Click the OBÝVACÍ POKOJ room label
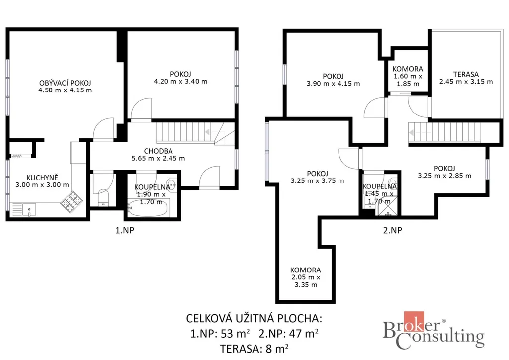(x=65, y=83)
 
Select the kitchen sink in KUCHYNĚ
(x=29, y=209)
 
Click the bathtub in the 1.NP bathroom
(x=148, y=208)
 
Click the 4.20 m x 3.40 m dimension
(x=180, y=81)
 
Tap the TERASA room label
(x=466, y=74)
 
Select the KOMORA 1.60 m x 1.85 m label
(x=408, y=76)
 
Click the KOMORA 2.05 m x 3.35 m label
(x=306, y=277)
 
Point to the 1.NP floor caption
(x=125, y=230)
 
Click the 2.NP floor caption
(x=393, y=230)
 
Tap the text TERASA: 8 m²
(x=254, y=348)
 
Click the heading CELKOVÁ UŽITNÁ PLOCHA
(x=254, y=318)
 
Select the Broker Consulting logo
(x=433, y=331)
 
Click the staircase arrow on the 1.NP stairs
(x=214, y=132)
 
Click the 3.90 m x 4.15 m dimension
(x=334, y=84)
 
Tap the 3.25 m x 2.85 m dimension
(x=444, y=176)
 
